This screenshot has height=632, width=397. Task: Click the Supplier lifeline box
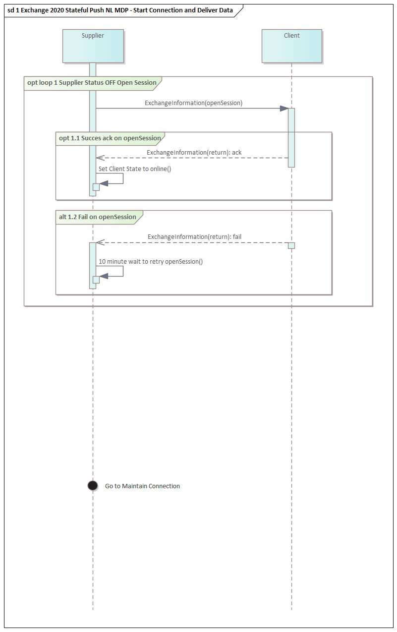point(93,46)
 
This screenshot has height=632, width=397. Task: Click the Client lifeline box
point(292,46)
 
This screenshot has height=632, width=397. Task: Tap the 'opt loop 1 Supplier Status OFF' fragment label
point(92,83)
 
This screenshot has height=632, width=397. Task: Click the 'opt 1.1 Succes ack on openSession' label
point(110,138)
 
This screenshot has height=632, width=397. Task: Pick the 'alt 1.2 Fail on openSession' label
point(98,217)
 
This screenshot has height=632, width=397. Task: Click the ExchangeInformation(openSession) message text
point(194,103)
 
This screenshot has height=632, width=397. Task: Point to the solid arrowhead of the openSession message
point(284,109)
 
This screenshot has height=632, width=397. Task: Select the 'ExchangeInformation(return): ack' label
point(194,153)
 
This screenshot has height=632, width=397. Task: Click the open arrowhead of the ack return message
point(100,158)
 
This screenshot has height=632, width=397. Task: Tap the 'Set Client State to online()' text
point(135,169)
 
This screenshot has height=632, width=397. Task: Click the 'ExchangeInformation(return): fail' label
point(194,237)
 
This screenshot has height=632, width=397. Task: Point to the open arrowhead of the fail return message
point(100,242)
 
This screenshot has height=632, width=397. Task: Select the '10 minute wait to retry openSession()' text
point(151,262)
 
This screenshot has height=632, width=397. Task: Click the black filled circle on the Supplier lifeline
point(93,485)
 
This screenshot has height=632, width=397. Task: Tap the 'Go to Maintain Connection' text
point(142,486)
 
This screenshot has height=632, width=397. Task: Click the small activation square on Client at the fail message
point(291,245)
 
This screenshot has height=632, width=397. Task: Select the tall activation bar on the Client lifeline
point(291,138)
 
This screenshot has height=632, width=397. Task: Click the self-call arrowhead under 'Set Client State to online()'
point(104,184)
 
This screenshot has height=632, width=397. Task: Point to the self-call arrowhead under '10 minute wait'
point(104,276)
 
